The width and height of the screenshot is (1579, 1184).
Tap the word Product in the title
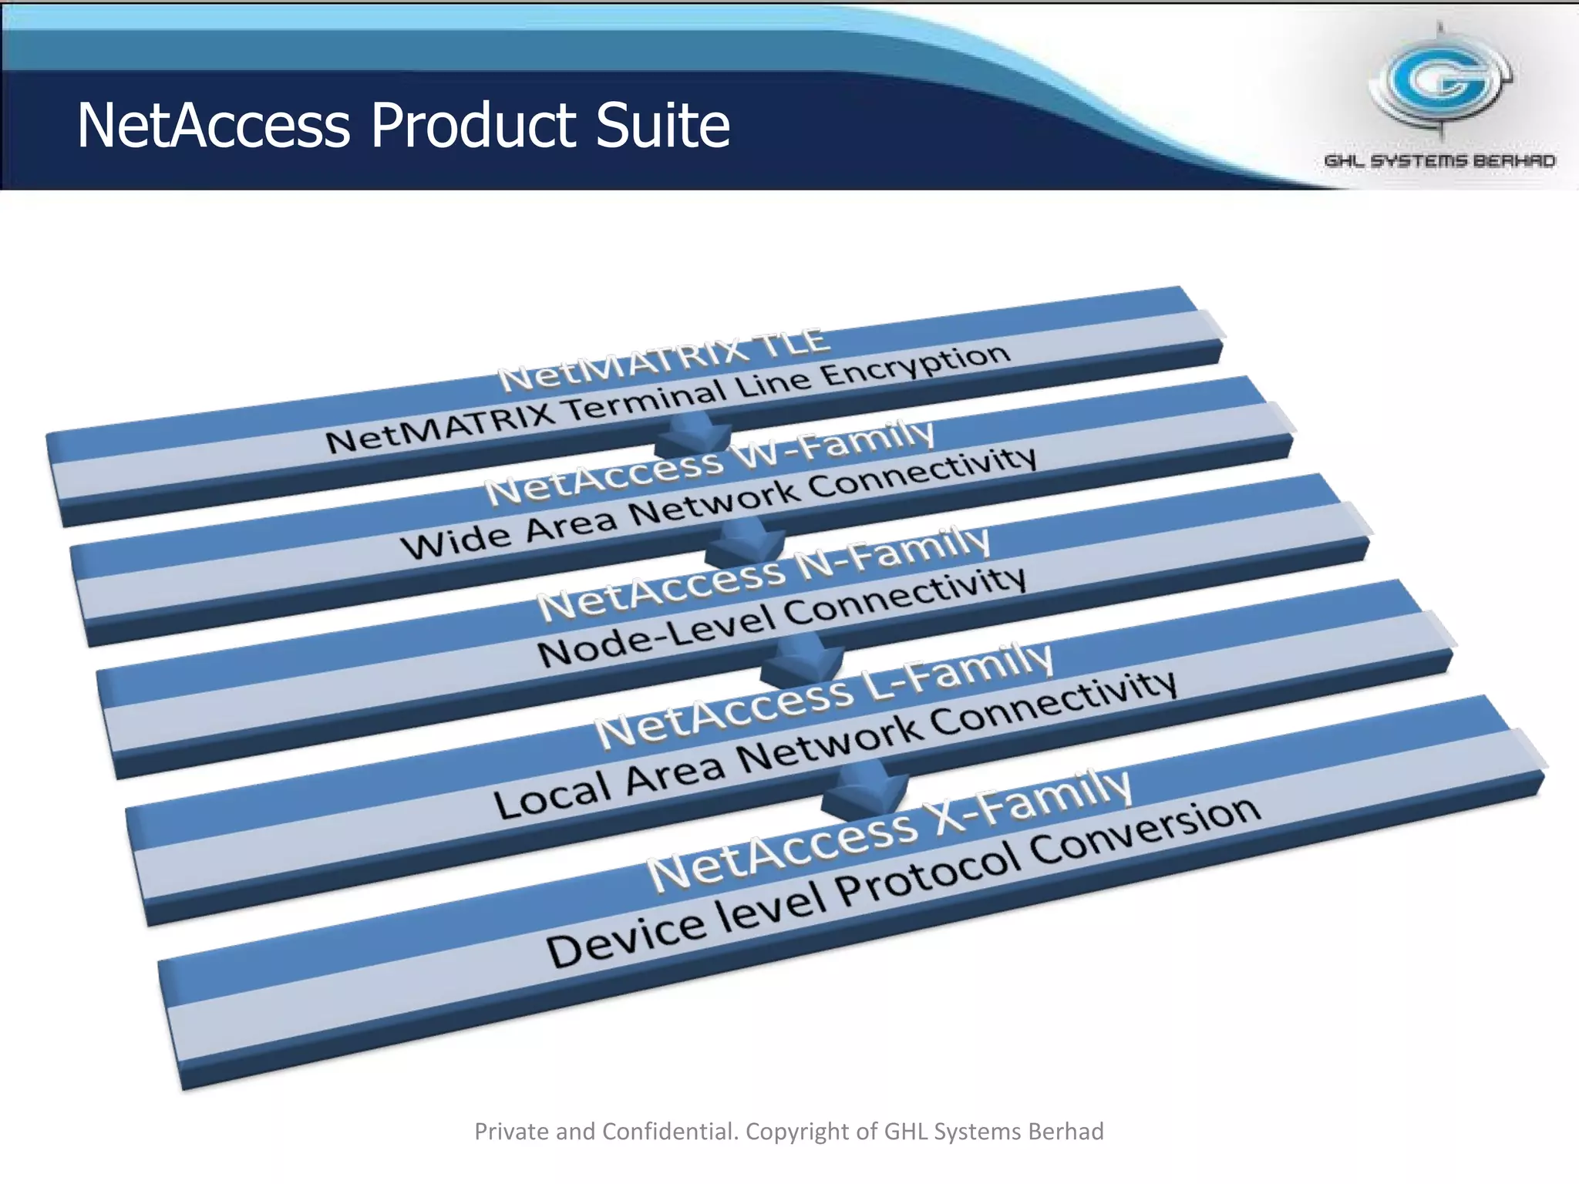pyautogui.click(x=473, y=125)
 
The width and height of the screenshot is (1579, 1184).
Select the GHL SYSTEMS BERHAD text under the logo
pyautogui.click(x=1439, y=161)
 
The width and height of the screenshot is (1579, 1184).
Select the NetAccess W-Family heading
pyautogui.click(x=709, y=462)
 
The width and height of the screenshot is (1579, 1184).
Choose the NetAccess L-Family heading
pyautogui.click(x=823, y=696)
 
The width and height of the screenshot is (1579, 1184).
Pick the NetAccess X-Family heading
pyautogui.click(x=889, y=832)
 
